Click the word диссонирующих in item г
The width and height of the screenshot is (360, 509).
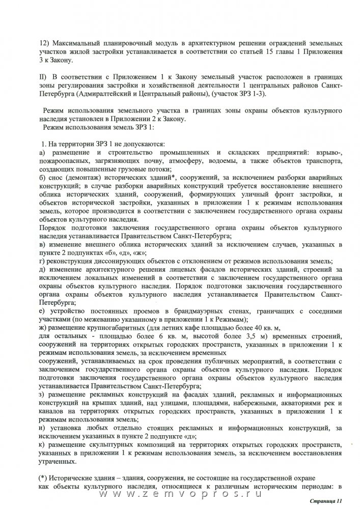[x=106, y=260]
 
